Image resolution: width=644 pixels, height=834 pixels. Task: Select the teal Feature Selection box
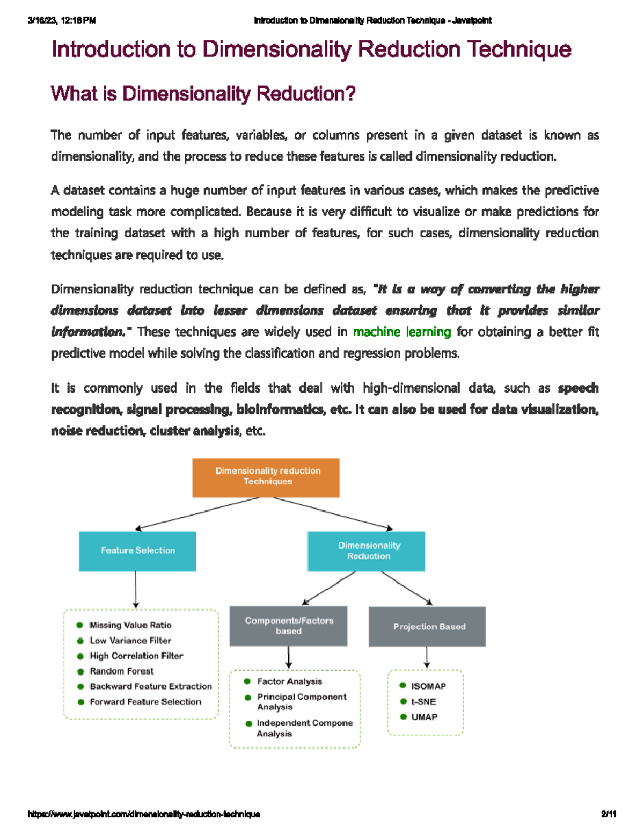pos(137,551)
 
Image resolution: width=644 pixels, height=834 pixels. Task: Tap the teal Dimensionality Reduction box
pos(366,551)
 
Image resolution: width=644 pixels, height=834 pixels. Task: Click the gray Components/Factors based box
pos(288,626)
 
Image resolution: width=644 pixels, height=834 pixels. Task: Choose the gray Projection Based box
pos(427,627)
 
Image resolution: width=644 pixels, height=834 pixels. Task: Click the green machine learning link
pos(401,332)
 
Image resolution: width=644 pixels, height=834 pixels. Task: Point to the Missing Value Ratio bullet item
pos(130,625)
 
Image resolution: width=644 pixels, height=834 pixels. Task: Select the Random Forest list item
pos(121,671)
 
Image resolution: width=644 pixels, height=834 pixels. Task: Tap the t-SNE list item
pos(423,701)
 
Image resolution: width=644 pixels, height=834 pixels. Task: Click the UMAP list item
pos(424,717)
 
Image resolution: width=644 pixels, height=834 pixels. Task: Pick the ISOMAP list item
pos(428,686)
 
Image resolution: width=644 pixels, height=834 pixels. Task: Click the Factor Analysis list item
pos(290,681)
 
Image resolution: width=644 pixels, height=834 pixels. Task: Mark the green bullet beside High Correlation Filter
pos(80,656)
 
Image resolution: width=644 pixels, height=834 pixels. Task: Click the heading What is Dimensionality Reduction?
pos(203,94)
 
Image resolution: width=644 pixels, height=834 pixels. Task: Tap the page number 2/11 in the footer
pos(609,814)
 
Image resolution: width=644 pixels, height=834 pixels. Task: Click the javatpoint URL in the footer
pos(144,814)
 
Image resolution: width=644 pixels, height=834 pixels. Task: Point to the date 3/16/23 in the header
pos(42,20)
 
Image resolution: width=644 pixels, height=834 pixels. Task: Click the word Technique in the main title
pos(519,50)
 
